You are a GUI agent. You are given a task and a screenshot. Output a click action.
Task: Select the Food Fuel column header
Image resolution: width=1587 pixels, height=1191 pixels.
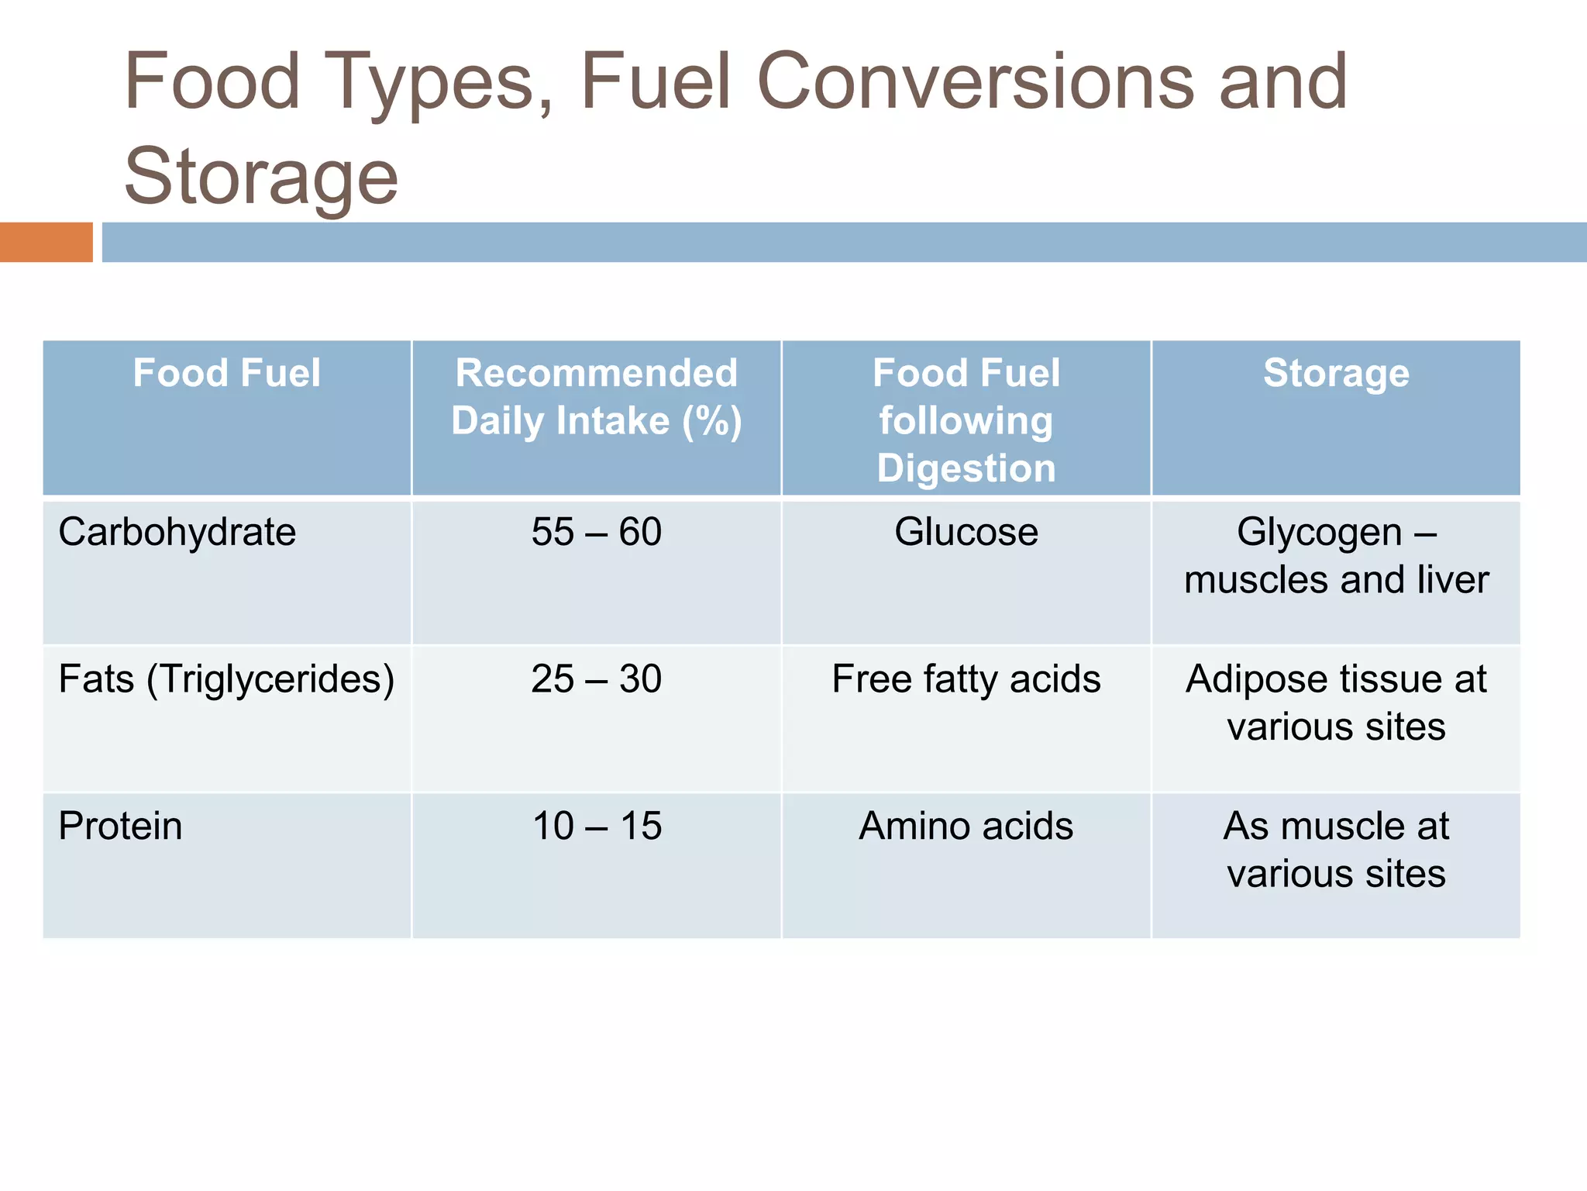pos(226,373)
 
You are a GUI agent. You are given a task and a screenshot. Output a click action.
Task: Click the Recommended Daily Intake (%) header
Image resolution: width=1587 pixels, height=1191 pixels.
pos(597,397)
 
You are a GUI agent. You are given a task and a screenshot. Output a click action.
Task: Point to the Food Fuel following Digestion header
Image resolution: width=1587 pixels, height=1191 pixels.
pos(966,420)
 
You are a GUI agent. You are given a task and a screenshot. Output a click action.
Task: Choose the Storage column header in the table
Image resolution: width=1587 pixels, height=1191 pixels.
pos(1336,373)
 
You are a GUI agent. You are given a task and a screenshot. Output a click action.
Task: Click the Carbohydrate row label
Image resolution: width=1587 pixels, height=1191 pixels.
pos(177,532)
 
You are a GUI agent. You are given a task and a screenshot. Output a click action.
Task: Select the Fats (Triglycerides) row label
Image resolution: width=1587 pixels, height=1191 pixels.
pos(226,679)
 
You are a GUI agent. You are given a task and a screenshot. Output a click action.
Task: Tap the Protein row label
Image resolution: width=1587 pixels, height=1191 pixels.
pos(121,826)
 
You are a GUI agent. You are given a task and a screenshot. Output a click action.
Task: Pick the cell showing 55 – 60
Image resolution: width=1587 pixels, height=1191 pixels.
pos(597,532)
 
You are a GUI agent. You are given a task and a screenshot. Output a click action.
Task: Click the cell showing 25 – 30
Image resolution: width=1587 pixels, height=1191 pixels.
pos(597,679)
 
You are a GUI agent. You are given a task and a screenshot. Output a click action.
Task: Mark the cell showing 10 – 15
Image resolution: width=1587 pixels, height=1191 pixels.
pos(597,826)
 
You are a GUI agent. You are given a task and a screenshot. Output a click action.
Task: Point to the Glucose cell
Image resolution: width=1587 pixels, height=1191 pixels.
pos(966,532)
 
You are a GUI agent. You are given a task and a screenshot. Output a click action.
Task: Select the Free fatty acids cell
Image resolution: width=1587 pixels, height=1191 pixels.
pos(966,679)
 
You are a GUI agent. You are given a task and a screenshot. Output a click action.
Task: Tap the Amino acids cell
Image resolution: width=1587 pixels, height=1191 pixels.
pos(966,826)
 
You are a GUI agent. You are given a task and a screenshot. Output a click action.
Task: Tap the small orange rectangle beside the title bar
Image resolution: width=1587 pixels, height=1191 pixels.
pos(46,242)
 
